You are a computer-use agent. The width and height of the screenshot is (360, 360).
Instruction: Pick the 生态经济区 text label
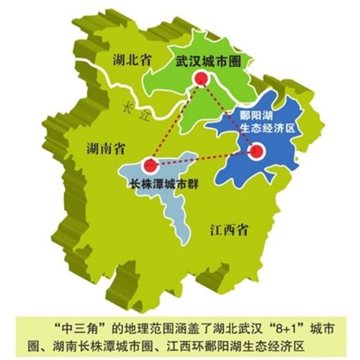(x=253, y=130)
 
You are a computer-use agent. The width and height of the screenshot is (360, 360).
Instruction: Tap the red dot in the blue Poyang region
(x=256, y=151)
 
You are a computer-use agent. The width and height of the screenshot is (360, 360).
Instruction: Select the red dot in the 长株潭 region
(x=150, y=163)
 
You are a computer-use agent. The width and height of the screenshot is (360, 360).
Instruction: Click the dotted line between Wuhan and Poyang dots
(x=230, y=117)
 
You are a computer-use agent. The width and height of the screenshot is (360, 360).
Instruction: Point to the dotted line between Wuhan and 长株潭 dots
(x=176, y=122)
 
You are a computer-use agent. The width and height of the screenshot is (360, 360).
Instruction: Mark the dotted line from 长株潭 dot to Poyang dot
(x=203, y=157)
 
